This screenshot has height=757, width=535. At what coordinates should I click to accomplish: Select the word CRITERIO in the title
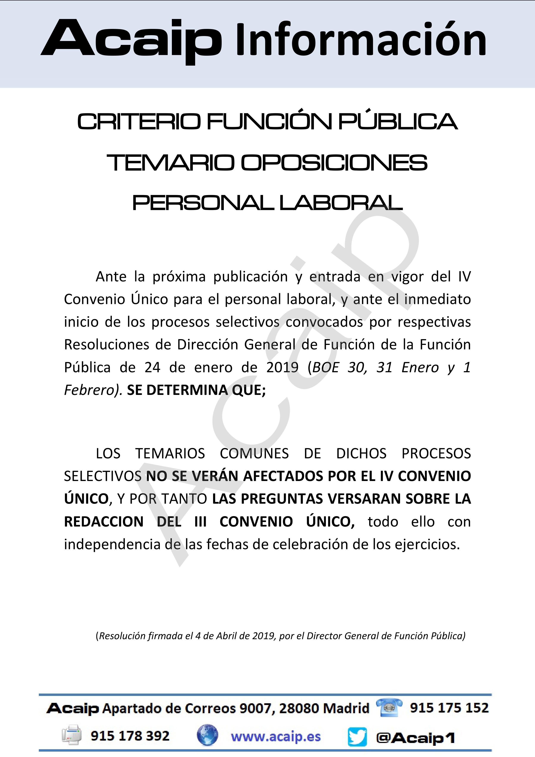139,122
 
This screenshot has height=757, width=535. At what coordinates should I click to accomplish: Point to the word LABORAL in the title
341,203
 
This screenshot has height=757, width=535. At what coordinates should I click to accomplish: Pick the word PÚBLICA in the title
398,122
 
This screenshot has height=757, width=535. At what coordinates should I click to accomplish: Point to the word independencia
114,544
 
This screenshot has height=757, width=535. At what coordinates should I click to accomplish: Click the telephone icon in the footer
389,708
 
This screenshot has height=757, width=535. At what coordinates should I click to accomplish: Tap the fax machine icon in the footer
72,736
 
